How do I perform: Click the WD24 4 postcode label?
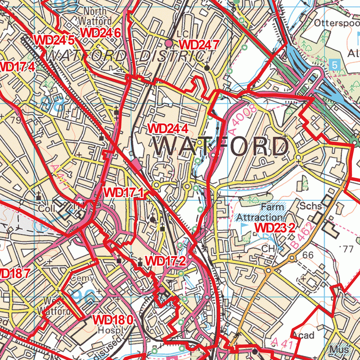pos(167,128)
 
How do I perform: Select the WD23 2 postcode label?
pos(275,228)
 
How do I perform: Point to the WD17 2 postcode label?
pos(166,261)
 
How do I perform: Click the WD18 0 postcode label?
pos(112,320)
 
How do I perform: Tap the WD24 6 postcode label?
pos(99,32)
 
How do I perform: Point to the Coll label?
pos(47,209)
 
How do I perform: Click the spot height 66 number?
pos(308,255)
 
